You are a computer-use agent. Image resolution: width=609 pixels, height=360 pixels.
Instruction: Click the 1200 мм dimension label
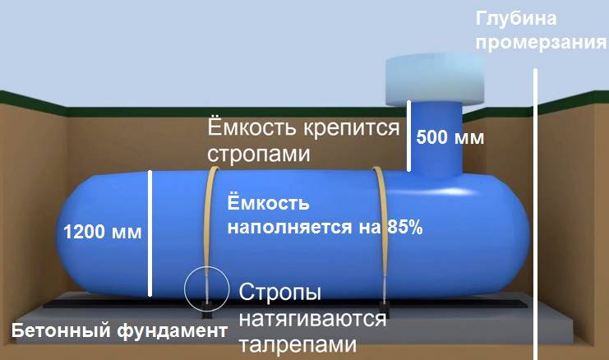tap(103, 232)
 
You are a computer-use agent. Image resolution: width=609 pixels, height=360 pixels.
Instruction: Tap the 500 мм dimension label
tap(450, 137)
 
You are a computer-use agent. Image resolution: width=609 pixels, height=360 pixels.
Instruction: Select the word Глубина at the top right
tap(510, 19)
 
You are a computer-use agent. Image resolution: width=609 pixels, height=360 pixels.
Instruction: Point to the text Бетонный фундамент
tap(118, 332)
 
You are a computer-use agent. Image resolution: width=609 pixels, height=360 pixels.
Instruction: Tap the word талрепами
tap(298, 344)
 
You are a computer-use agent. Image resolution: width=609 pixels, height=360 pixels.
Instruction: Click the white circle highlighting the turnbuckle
tap(204, 287)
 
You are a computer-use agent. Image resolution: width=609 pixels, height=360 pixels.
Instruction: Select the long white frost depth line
tap(536, 214)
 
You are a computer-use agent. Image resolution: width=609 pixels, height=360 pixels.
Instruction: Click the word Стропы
tap(279, 293)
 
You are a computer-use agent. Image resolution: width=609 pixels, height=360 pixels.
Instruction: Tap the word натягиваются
tap(312, 319)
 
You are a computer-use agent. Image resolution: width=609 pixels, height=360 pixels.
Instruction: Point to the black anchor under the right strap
tap(383, 310)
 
